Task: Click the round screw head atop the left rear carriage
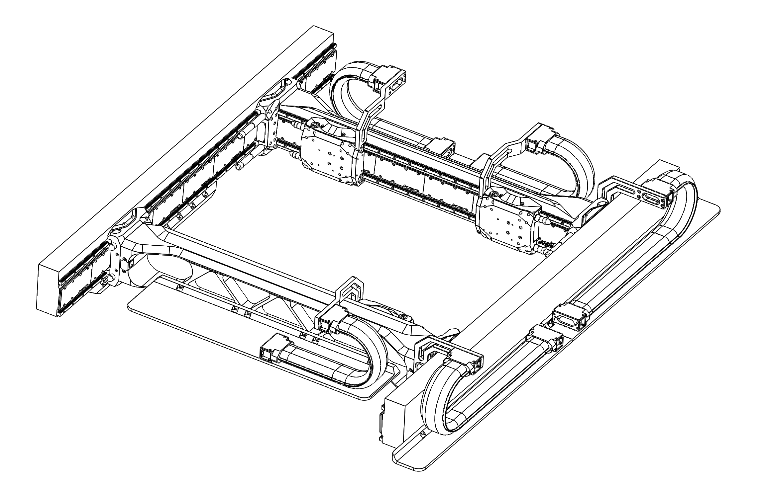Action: [315, 125]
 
